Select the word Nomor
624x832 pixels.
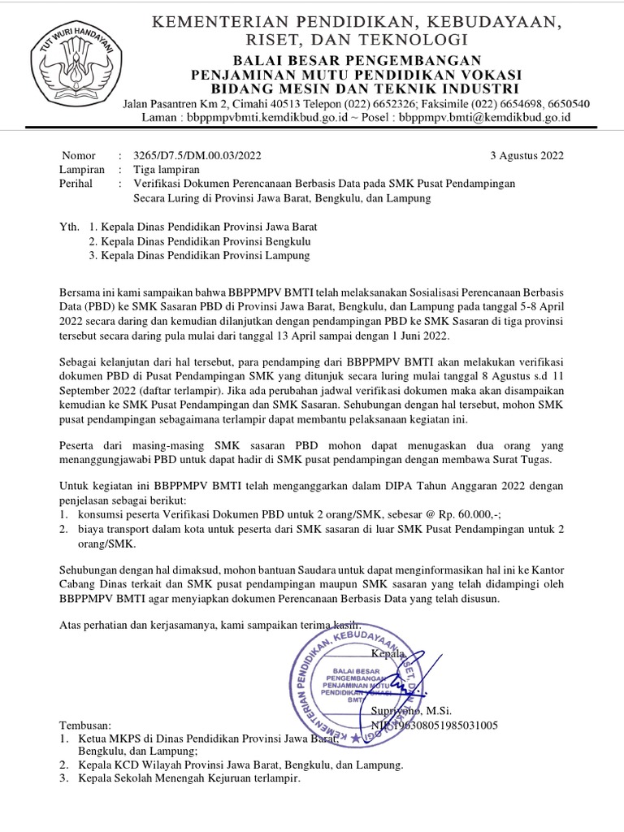click(78, 156)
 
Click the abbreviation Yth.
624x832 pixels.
click(71, 227)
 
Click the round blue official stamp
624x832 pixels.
click(367, 674)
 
